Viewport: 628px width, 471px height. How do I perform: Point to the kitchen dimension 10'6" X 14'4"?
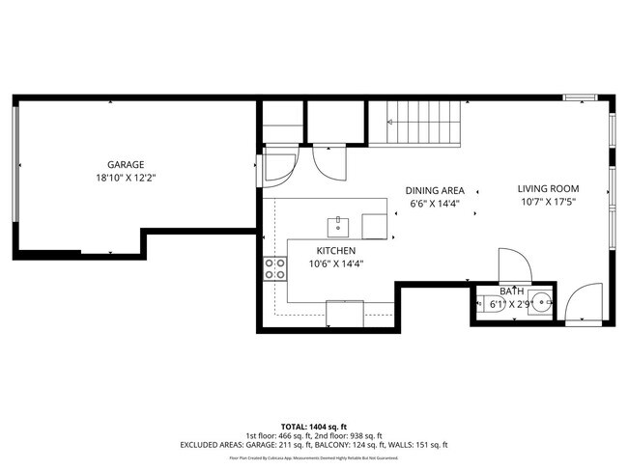pyautogui.click(x=336, y=263)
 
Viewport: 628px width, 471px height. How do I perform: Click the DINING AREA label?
pyautogui.click(x=435, y=190)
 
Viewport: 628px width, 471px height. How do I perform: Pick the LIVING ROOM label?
pyautogui.click(x=548, y=188)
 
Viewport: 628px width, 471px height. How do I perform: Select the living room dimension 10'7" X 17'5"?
pyautogui.click(x=548, y=203)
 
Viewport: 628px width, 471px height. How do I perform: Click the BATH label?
pyautogui.click(x=511, y=291)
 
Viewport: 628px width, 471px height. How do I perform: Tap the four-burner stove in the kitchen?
pyautogui.click(x=274, y=268)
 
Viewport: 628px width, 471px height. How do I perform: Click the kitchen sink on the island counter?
pyautogui.click(x=338, y=227)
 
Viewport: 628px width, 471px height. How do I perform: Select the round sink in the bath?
pyautogui.click(x=542, y=302)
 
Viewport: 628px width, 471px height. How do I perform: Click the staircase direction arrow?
pyautogui.click(x=391, y=123)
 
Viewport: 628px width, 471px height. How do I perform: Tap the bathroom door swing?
pyautogui.click(x=511, y=264)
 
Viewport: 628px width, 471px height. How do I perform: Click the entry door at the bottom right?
pyautogui.click(x=581, y=308)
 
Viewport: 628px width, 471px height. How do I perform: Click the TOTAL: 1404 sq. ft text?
pyautogui.click(x=314, y=426)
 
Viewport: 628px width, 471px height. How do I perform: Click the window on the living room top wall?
pyautogui.click(x=580, y=97)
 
